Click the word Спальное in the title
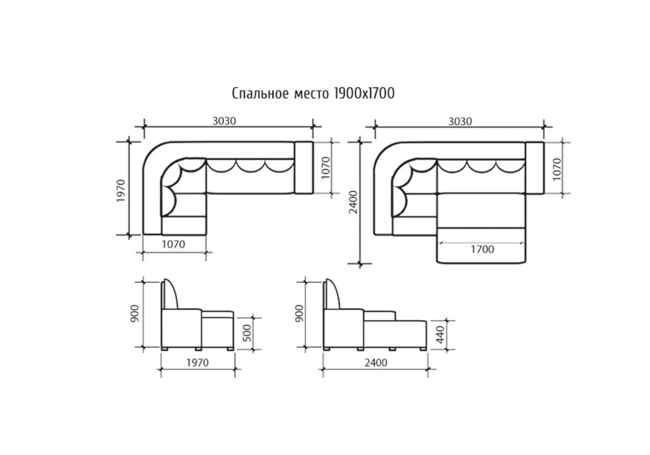pos(260,94)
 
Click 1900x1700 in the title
pos(364,94)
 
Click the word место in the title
pos(311,94)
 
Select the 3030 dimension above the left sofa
pos(224,121)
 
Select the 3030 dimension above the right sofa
pos(460,121)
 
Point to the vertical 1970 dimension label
pos(121,191)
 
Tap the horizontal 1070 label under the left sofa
pos(174,244)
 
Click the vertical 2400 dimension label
pos(353,202)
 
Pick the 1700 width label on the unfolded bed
pos(482,249)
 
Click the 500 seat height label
pos(246,332)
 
